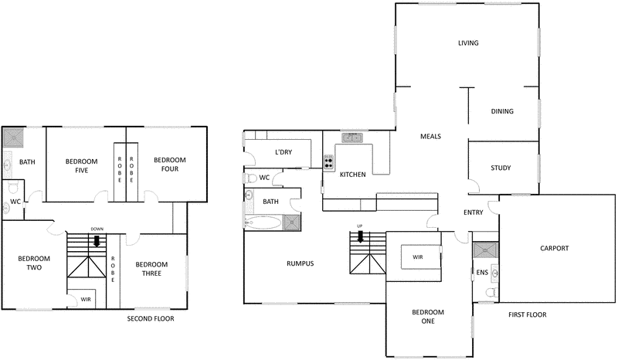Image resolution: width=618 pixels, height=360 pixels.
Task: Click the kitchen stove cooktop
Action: [x=329, y=162]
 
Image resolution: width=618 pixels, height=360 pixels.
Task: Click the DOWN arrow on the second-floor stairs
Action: [x=97, y=240]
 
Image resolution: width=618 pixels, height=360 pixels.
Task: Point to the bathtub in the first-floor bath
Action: [x=262, y=224]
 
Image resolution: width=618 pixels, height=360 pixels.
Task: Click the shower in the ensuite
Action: [x=484, y=250]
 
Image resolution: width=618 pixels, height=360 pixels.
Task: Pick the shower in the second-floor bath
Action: [x=13, y=138]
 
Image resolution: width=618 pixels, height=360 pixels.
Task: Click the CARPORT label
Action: [x=554, y=248]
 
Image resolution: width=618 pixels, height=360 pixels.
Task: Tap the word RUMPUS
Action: [x=300, y=263]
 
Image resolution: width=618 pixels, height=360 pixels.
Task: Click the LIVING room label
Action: [x=468, y=43]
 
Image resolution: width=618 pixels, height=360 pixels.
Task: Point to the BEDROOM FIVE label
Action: [x=81, y=165]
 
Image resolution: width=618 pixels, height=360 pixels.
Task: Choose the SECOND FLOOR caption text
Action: [x=151, y=318]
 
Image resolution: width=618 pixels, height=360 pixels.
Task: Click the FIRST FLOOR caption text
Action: [x=527, y=315]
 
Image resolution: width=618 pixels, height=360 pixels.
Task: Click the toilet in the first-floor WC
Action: [x=250, y=178]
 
